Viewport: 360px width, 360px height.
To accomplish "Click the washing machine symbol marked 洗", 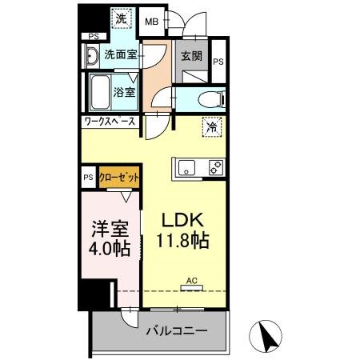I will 118,18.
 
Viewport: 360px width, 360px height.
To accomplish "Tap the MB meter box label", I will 150,22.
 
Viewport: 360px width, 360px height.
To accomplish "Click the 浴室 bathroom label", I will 125,91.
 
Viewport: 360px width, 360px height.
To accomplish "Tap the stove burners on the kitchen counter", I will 215,167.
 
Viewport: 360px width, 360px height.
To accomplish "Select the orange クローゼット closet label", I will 118,177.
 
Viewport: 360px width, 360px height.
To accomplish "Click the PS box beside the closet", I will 87,178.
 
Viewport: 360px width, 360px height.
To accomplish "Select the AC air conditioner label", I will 191,280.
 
